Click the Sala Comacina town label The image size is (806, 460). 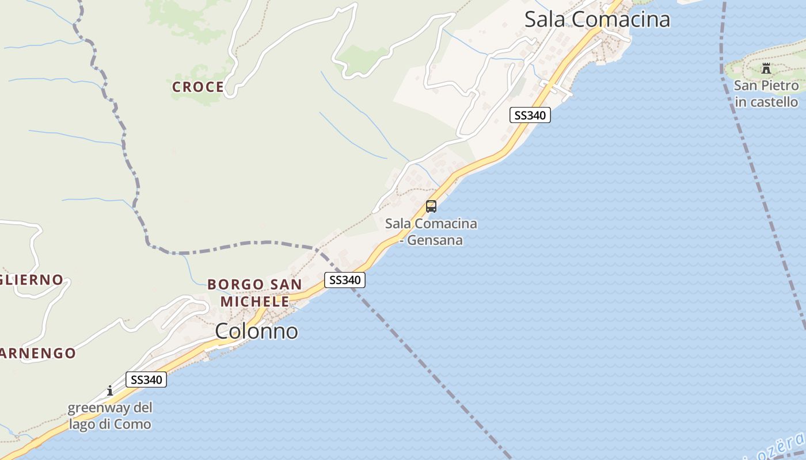pos(597,20)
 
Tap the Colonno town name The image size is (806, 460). pos(257,331)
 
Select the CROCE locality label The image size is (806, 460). pos(198,87)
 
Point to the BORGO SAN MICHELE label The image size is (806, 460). pos(254,293)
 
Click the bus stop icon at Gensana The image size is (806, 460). pos(431,206)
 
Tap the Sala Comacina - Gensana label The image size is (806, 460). pos(431,232)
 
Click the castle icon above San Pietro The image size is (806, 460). pos(766,68)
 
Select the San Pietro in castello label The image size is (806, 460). pos(766,94)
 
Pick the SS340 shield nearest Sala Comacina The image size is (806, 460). pos(530,115)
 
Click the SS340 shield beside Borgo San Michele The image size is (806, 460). pos(344,280)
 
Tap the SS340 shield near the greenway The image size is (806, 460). pos(146,379)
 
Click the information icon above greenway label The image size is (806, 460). pos(110,391)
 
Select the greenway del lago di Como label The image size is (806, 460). pos(110,416)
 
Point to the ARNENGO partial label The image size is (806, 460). pos(38,353)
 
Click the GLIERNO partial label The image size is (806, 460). pos(32,280)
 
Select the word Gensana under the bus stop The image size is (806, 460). pos(435,240)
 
